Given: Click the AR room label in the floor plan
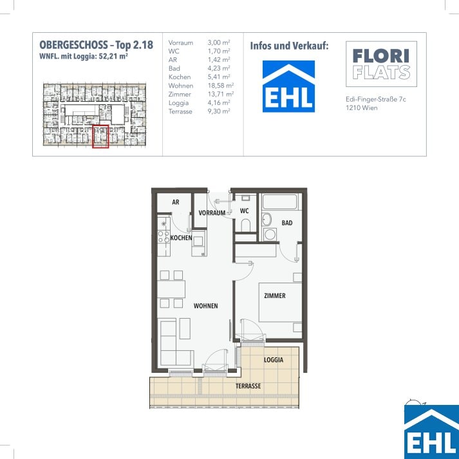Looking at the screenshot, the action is click(176, 202).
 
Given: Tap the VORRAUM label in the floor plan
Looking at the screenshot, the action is click(212, 213).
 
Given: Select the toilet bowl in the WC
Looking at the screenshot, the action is click(245, 225).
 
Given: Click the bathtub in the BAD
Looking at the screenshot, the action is click(280, 201).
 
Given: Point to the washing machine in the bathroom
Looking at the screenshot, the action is click(270, 234).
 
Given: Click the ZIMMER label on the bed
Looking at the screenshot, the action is click(275, 295).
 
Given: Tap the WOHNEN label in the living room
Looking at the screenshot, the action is click(205, 306).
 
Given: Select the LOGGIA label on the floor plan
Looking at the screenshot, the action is click(274, 360).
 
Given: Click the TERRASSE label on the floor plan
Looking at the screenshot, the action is click(248, 386).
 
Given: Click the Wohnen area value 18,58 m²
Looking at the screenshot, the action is click(221, 86).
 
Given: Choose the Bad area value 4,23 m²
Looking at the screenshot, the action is click(219, 68).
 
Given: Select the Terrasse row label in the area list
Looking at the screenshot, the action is click(180, 111).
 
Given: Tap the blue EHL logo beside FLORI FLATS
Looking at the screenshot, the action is click(288, 86).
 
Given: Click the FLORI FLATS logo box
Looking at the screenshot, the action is click(381, 64).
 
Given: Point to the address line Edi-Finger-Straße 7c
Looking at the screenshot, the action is click(376, 99).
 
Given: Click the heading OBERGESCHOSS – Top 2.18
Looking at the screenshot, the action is click(97, 45).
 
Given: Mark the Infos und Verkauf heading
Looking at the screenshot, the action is click(289, 46).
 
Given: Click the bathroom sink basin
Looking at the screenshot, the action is click(267, 220).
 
